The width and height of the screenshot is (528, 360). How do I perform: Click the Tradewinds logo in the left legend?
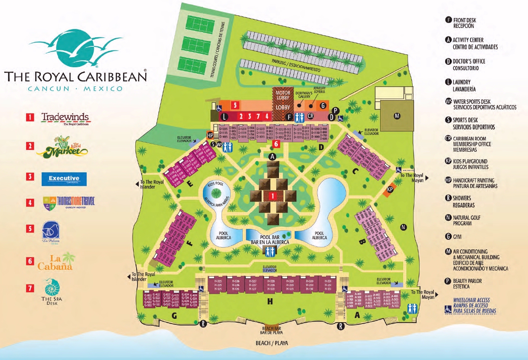65,118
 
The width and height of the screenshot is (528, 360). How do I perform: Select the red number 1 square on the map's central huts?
273,196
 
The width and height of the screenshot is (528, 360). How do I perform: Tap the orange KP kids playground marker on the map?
390,190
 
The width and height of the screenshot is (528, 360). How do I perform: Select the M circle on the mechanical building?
396,116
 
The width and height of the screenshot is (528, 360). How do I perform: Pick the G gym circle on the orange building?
322,105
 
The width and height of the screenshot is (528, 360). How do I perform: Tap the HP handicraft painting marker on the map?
211,135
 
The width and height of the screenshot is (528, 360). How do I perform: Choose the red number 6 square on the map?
276,144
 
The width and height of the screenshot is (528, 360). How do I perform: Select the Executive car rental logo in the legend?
64,178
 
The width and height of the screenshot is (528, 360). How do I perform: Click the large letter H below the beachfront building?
270,300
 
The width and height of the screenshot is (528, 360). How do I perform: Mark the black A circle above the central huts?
273,156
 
